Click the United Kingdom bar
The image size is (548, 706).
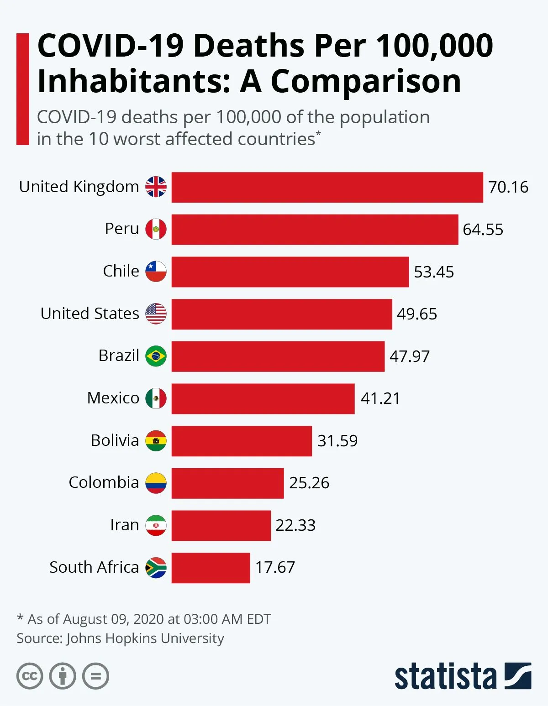pyautogui.click(x=327, y=187)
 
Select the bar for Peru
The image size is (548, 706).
pyautogui.click(x=315, y=230)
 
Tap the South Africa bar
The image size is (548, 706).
pyautogui.click(x=211, y=568)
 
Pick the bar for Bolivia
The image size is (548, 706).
pyautogui.click(x=242, y=441)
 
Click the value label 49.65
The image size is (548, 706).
pyautogui.click(x=416, y=314)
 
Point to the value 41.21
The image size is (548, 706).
pyautogui.click(x=380, y=398)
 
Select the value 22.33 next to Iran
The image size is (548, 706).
pyautogui.click(x=295, y=525)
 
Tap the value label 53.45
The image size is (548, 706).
pyautogui.click(x=434, y=272)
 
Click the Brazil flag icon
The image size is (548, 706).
pyautogui.click(x=156, y=356)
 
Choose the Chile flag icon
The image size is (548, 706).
pyautogui.click(x=156, y=272)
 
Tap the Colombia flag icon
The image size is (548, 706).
pyautogui.click(x=156, y=483)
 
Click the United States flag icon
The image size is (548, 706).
pyautogui.click(x=156, y=314)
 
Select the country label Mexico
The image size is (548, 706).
pyautogui.click(x=113, y=398)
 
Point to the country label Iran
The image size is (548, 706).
pyautogui.click(x=124, y=525)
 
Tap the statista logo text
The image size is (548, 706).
pyautogui.click(x=445, y=676)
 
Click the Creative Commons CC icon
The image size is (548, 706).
pyautogui.click(x=30, y=676)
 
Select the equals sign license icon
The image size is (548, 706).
pyautogui.click(x=95, y=676)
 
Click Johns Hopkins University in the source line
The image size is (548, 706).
pyautogui.click(x=145, y=638)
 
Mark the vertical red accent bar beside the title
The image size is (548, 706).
pyautogui.click(x=22, y=89)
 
